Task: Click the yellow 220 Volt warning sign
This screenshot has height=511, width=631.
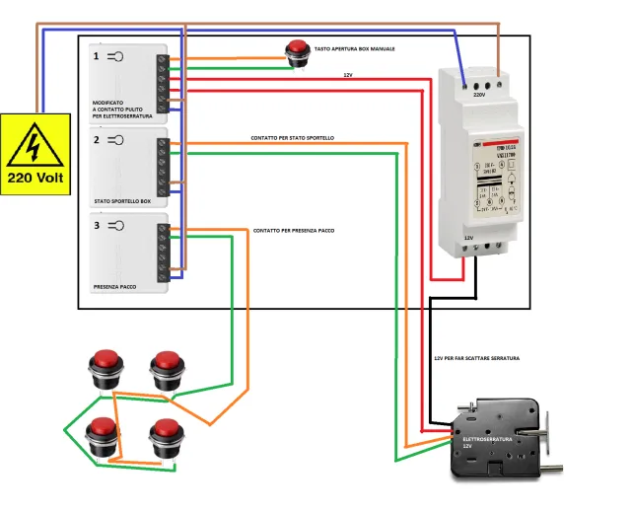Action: click(x=35, y=153)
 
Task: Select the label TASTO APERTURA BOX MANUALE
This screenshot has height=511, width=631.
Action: click(x=354, y=47)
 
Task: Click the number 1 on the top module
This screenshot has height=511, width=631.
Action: click(x=96, y=56)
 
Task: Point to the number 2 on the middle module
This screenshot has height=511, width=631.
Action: click(x=96, y=140)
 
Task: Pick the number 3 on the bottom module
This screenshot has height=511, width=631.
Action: click(x=96, y=226)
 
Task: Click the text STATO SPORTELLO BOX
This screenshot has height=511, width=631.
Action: click(x=123, y=201)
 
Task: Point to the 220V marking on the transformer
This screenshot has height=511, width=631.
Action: click(x=479, y=96)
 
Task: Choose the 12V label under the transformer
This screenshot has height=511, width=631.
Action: click(x=470, y=238)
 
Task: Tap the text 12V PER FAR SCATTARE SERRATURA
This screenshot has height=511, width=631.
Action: click(x=476, y=358)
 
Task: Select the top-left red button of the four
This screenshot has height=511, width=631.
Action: click(x=105, y=366)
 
